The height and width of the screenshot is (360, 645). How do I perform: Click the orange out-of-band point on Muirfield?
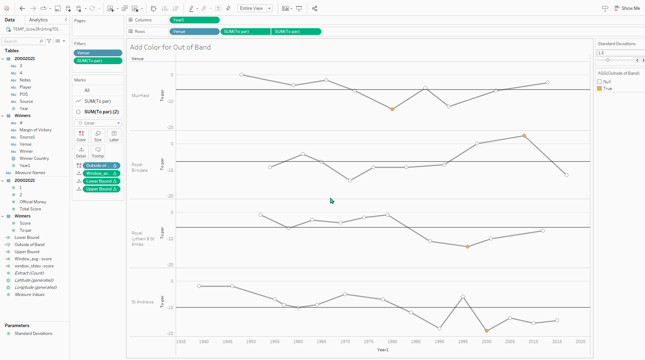tap(392, 109)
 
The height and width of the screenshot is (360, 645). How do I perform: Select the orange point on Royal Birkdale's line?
tap(524, 136)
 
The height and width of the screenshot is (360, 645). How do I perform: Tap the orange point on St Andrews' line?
tap(487, 331)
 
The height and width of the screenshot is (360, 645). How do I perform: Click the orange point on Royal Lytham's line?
tap(468, 247)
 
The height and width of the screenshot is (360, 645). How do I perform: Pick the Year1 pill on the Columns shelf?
tap(194, 20)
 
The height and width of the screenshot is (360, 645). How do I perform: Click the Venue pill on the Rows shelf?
tap(194, 32)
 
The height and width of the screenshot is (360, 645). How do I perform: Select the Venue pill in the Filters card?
tap(98, 53)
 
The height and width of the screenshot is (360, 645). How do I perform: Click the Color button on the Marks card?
tap(81, 136)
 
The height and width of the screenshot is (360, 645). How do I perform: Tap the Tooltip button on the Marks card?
tap(98, 152)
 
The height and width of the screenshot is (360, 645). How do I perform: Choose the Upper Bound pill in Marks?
tap(101, 189)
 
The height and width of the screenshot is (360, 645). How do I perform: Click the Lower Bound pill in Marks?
tap(101, 181)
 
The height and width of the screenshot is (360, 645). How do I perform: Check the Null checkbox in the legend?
tap(600, 82)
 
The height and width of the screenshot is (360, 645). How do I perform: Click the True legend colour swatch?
tap(600, 89)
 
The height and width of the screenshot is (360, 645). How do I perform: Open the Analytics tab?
tap(38, 20)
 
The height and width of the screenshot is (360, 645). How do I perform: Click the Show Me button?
tap(627, 8)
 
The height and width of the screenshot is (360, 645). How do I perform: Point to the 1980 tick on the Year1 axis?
tap(392, 342)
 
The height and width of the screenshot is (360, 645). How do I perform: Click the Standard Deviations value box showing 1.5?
tap(620, 53)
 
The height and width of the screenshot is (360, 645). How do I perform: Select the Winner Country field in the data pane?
tap(34, 158)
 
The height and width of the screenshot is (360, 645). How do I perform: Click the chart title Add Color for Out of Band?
tap(170, 47)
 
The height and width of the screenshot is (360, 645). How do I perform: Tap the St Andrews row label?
tap(142, 302)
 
